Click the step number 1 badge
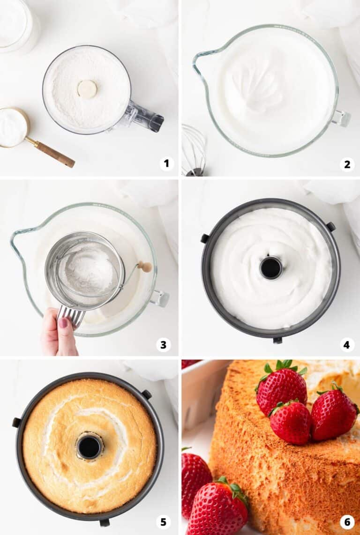tap(166, 163)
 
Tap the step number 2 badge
tap(347, 164)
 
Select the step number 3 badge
tap(163, 345)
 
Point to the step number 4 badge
tap(346, 345)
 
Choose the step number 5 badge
tap(163, 521)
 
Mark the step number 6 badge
tap(347, 521)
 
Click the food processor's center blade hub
tap(87, 89)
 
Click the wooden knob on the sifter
tap(145, 267)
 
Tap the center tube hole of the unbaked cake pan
tap(271, 267)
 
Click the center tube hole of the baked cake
tap(89, 446)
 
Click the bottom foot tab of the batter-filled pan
tap(277, 340)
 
